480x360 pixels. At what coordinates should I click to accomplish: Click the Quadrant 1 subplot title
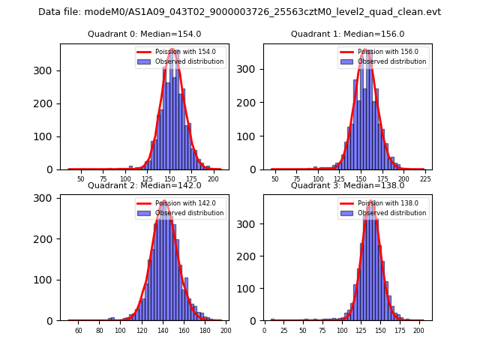347,34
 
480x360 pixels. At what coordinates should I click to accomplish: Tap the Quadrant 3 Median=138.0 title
347,185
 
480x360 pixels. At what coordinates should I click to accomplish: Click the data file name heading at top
239,12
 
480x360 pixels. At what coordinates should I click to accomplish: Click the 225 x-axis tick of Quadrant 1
424,178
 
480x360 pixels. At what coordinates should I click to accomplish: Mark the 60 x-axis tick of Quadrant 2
78,330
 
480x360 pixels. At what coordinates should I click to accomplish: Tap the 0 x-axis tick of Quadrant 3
264,330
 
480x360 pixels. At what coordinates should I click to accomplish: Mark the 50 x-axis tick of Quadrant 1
275,178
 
